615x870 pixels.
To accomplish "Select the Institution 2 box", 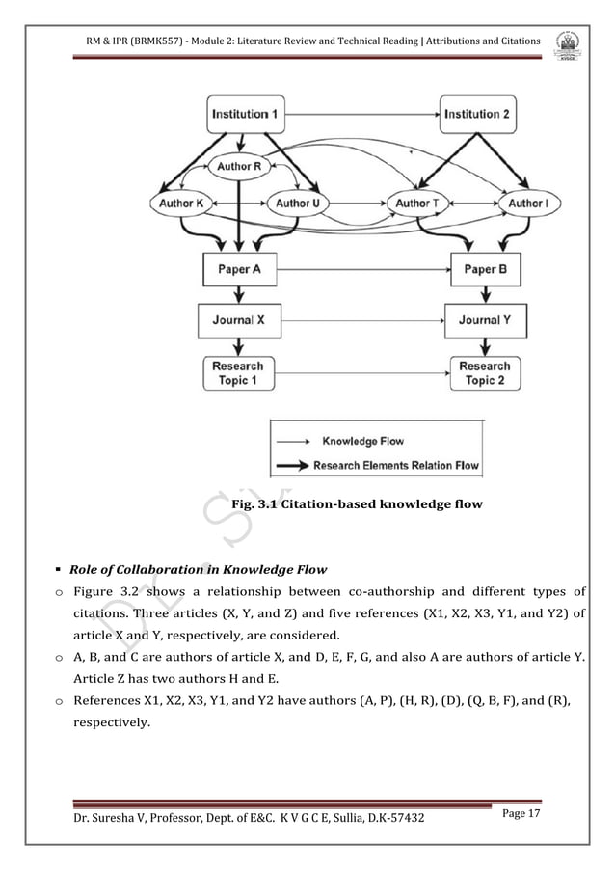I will coord(478,114).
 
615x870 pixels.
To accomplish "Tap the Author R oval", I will coord(239,166).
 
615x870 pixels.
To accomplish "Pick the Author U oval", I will coord(299,204).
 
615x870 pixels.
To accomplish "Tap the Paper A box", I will coord(238,269).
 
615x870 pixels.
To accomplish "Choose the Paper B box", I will coord(485,269).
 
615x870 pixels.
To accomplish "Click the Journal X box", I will coord(237,320).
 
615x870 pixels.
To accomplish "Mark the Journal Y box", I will coord(485,320).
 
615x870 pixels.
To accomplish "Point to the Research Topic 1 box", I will coord(237,373).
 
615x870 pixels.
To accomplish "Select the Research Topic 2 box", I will coord(485,373).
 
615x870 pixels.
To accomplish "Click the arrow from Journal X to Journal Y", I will coord(361,320).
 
